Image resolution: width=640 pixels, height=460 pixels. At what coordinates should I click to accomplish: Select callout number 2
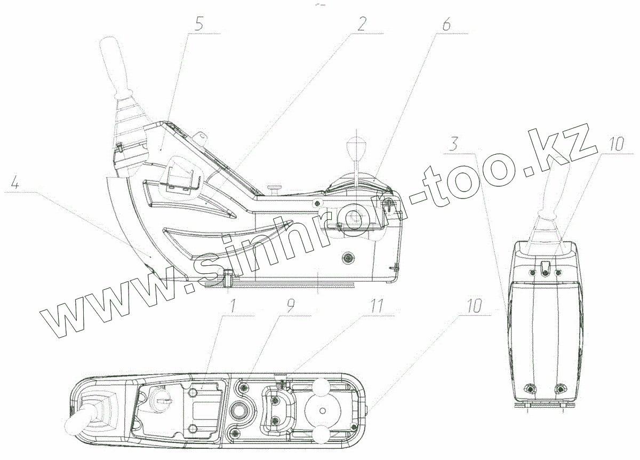pyautogui.click(x=362, y=23)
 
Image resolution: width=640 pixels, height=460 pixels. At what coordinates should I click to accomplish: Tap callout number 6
pyautogui.click(x=446, y=25)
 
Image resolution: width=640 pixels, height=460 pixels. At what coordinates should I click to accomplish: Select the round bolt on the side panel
pyautogui.click(x=349, y=258)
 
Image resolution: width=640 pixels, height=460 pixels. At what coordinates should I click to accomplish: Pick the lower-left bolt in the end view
pyautogui.click(x=530, y=388)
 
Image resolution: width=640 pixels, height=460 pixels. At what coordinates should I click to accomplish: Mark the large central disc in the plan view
pyautogui.click(x=323, y=410)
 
